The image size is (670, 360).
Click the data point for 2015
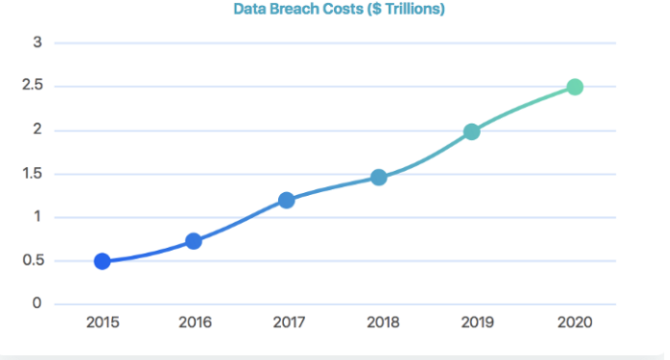click(x=101, y=261)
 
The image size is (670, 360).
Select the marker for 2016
click(x=193, y=240)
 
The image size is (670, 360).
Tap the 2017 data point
click(x=287, y=200)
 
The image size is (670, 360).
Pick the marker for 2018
click(x=378, y=177)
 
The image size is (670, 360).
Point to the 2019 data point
click(x=471, y=131)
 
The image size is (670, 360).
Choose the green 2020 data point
click(x=574, y=87)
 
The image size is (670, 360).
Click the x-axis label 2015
click(x=101, y=322)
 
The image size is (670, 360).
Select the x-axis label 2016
click(x=195, y=322)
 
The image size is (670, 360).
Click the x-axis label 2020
click(x=574, y=322)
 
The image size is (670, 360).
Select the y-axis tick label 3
click(x=37, y=42)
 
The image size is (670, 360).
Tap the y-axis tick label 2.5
click(x=33, y=87)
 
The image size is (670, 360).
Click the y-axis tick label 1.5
click(x=33, y=175)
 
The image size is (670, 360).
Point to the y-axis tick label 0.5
click(x=33, y=261)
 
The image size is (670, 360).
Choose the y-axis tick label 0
click(x=37, y=304)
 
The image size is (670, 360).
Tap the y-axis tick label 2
click(x=37, y=130)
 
